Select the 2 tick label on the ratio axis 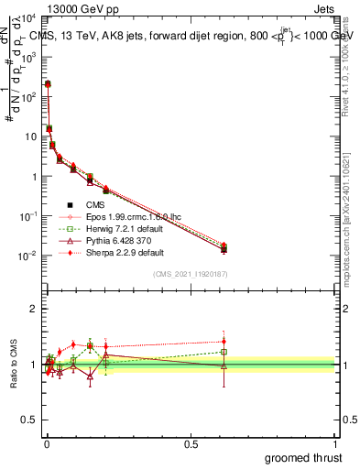33,309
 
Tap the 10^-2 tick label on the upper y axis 27,256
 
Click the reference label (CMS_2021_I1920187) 190,274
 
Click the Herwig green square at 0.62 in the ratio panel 224,352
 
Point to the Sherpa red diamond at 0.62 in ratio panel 224,342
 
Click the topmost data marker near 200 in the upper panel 48,84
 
